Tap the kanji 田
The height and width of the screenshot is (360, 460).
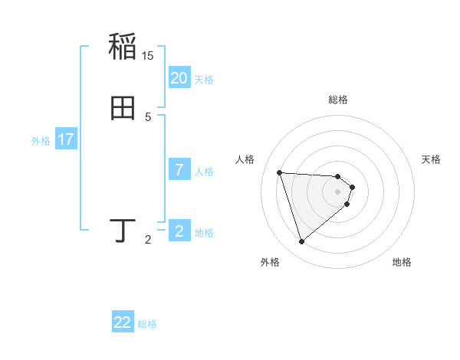[123, 109]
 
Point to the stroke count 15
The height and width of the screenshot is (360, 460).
[148, 56]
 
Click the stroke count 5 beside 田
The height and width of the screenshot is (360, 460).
[148, 117]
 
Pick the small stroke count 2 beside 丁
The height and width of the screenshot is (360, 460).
[148, 241]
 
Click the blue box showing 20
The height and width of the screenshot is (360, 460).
[179, 78]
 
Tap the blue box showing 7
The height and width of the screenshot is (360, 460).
[179, 170]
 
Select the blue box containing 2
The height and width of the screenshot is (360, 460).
[179, 231]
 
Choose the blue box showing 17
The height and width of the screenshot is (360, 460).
[66, 139]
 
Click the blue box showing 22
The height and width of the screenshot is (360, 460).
[123, 322]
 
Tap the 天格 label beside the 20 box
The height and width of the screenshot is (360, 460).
[204, 80]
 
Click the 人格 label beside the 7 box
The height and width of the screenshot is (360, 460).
[204, 172]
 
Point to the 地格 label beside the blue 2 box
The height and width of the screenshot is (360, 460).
[204, 233]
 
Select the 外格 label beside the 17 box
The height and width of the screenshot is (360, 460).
[41, 141]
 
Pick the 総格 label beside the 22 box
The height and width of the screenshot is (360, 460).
[147, 324]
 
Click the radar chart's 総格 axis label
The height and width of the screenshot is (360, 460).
[338, 100]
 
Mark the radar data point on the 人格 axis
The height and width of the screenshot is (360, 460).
[280, 172]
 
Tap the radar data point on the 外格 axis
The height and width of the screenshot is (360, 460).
[301, 242]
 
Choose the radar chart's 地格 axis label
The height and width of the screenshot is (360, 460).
[402, 263]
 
